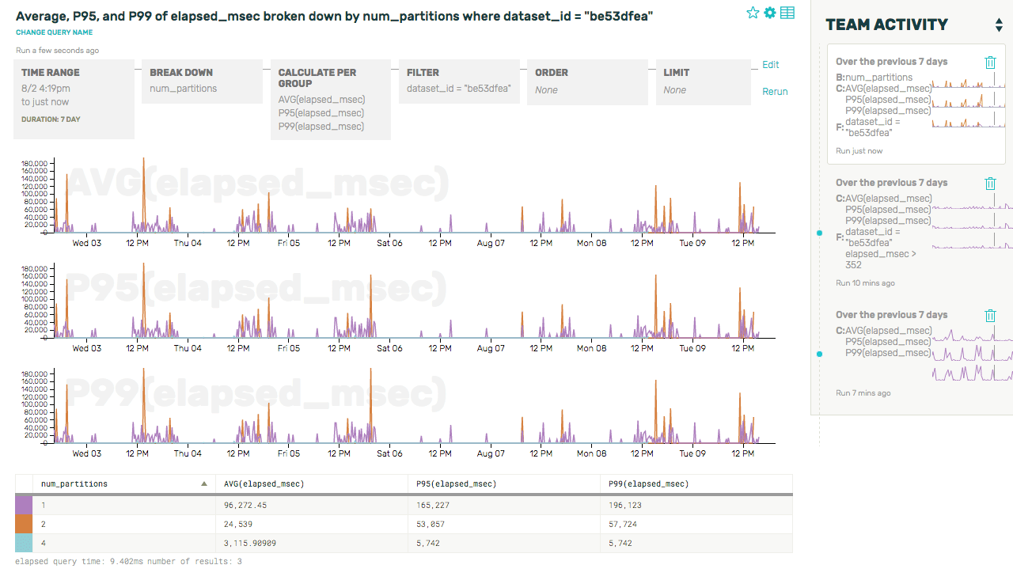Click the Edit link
pyautogui.click(x=770, y=65)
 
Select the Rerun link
pyautogui.click(x=775, y=92)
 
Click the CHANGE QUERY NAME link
pyautogui.click(x=54, y=32)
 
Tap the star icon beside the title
pyautogui.click(x=753, y=13)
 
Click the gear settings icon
pyautogui.click(x=769, y=13)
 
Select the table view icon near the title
pyautogui.click(x=787, y=13)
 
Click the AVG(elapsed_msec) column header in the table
pyautogui.click(x=264, y=483)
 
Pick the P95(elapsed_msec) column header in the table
pyautogui.click(x=457, y=483)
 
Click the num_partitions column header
pyautogui.click(x=74, y=483)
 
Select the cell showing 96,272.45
pyautogui.click(x=246, y=504)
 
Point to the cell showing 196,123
pyautogui.click(x=625, y=504)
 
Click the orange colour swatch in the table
pyautogui.click(x=24, y=524)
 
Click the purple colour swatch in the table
pyautogui.click(x=24, y=504)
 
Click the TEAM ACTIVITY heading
pyautogui.click(x=886, y=25)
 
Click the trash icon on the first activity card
pyautogui.click(x=990, y=63)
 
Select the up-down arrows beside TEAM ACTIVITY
pyautogui.click(x=999, y=25)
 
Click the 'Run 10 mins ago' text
pyautogui.click(x=865, y=283)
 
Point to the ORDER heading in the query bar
pyautogui.click(x=552, y=73)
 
